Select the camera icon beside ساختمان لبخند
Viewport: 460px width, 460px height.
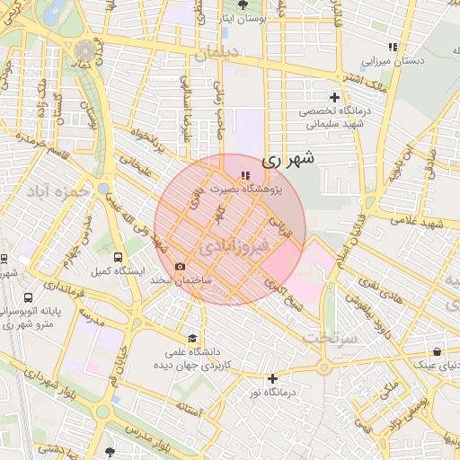tap(181, 267)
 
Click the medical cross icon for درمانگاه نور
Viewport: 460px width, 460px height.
tap(272, 379)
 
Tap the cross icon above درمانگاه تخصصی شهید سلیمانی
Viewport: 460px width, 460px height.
tap(334, 97)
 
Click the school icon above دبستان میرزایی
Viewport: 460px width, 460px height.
tap(391, 47)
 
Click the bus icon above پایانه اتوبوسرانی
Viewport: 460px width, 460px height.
tap(29, 297)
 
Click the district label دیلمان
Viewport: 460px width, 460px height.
tap(220, 52)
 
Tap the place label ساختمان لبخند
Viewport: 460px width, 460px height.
tap(218, 280)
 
